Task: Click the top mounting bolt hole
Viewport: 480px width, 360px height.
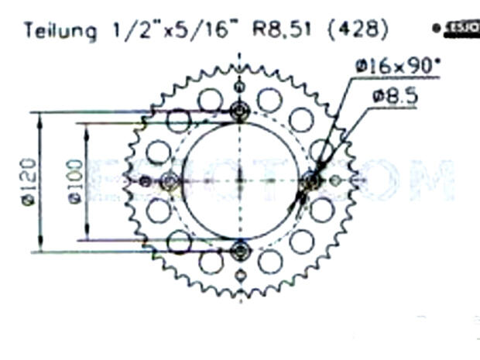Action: [240, 111]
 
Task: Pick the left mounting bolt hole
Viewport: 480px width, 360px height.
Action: [170, 181]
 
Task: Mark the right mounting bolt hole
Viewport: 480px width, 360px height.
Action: [311, 181]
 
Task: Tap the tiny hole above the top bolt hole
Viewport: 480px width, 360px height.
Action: [240, 85]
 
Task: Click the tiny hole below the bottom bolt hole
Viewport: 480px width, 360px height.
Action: [240, 276]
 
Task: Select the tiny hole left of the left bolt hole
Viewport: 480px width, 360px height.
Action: [145, 181]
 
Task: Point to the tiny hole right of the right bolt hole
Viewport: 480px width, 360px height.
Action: [335, 181]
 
